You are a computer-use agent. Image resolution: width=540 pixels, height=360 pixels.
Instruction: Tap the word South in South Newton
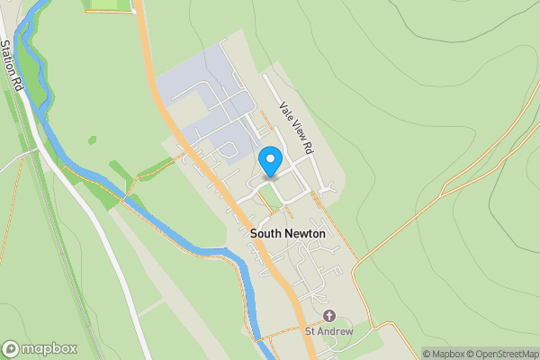point(268,234)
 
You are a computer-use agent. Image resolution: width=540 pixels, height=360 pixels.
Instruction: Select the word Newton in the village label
point(307,234)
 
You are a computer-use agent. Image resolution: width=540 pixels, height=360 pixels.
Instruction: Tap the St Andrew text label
point(328,331)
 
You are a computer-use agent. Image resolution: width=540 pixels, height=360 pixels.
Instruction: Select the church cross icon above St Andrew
point(328,316)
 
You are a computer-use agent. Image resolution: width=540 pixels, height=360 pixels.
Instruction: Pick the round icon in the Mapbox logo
point(11,349)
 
